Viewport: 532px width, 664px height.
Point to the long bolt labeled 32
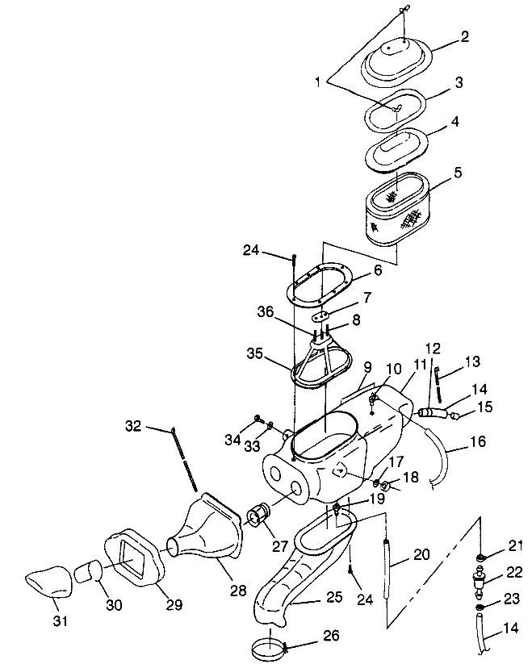[184, 459]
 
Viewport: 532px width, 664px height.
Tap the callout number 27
[280, 545]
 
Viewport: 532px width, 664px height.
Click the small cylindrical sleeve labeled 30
[88, 572]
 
